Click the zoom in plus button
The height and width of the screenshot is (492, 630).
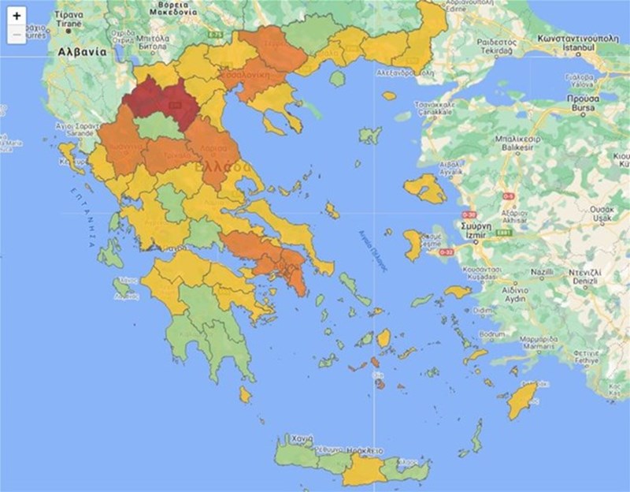tap(17, 16)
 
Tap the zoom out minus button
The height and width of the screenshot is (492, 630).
tap(17, 34)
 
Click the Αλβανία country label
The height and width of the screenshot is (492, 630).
tap(82, 50)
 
